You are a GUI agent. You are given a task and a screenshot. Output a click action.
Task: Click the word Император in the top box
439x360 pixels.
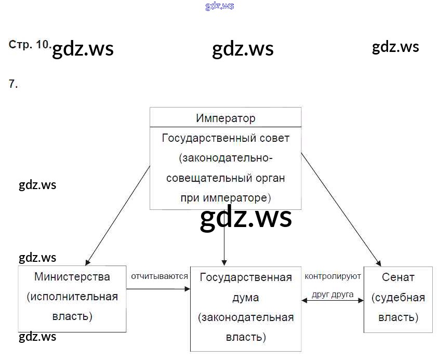point(225,118)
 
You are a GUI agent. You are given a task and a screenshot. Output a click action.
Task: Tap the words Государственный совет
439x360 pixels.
point(225,138)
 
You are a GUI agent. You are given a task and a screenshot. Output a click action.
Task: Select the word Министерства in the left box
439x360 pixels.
point(72,276)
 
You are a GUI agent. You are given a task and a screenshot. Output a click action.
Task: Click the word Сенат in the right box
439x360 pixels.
point(398,277)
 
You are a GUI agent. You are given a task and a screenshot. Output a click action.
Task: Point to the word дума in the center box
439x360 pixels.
point(246,298)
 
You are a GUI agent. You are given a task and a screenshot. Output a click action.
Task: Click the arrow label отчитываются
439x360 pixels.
point(159,276)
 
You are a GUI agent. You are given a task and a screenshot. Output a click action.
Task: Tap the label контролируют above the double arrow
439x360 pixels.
point(332,276)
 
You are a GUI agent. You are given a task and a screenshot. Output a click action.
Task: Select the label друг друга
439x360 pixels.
point(332,294)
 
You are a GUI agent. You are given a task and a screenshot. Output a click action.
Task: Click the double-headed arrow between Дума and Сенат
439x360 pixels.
point(332,300)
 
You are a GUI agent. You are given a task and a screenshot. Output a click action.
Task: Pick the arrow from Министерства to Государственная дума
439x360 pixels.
point(158,289)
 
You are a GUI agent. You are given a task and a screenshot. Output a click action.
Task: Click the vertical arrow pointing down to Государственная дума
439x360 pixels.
point(224,244)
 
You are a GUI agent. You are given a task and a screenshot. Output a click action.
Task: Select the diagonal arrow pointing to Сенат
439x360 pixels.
point(340,208)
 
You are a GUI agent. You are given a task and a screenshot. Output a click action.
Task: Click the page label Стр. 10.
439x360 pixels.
point(29,45)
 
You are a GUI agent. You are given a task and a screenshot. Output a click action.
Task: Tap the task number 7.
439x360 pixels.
point(13,84)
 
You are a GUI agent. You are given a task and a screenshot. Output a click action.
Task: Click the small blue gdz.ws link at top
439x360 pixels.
point(220,6)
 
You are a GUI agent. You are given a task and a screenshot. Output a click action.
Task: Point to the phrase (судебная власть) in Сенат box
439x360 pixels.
point(398,307)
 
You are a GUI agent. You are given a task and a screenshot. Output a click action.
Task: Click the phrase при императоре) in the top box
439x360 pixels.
point(225,197)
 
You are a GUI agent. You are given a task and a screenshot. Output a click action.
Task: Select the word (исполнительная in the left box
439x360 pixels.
point(72,297)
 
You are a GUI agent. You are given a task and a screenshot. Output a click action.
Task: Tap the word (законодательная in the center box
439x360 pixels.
point(246,317)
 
